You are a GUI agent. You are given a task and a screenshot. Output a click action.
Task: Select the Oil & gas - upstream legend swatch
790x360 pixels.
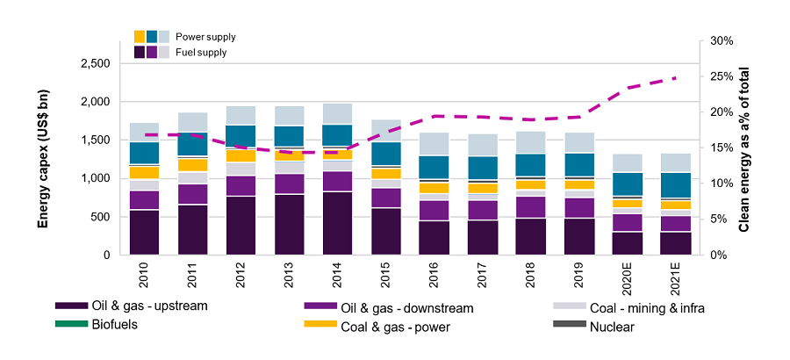[71, 307]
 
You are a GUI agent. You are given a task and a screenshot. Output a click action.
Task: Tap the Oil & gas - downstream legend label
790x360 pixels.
[406, 307]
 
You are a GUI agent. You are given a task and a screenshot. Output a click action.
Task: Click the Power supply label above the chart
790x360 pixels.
[206, 37]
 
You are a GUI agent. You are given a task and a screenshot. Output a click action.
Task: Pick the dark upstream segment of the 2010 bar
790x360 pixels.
[145, 232]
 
